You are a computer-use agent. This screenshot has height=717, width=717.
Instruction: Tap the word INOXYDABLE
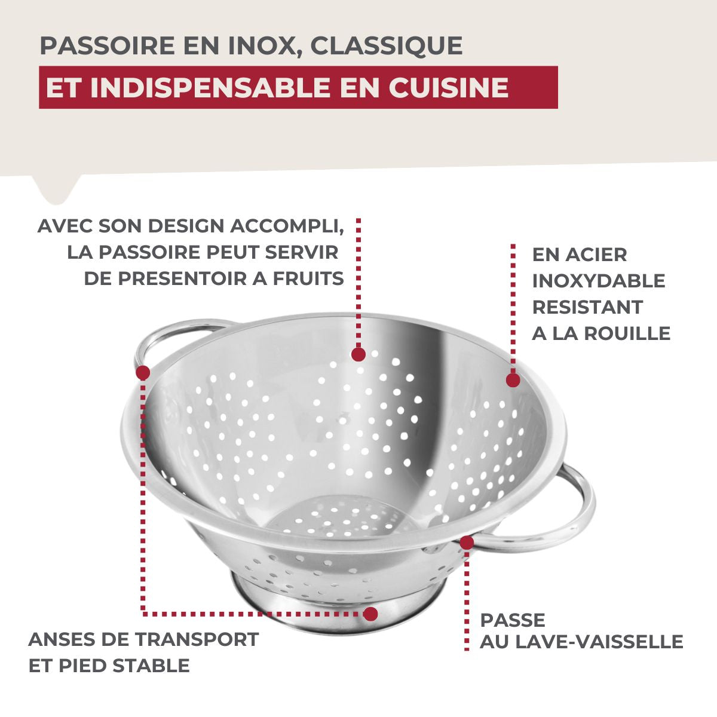[x=598, y=281]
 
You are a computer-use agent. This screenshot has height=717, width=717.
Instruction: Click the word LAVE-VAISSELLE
[x=599, y=642]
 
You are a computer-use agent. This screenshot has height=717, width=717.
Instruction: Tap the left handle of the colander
[x=173, y=332]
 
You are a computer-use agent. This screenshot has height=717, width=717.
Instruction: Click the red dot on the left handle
[x=143, y=373]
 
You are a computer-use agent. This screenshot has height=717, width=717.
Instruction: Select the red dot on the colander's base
[x=371, y=614]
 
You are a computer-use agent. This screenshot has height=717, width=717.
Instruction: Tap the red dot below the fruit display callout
[x=358, y=354]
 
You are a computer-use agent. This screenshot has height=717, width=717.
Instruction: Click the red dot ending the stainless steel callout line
[x=513, y=380]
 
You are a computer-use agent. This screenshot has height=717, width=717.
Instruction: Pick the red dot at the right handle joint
[x=467, y=543]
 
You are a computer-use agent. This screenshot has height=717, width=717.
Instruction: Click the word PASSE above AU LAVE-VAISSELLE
[x=513, y=620]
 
